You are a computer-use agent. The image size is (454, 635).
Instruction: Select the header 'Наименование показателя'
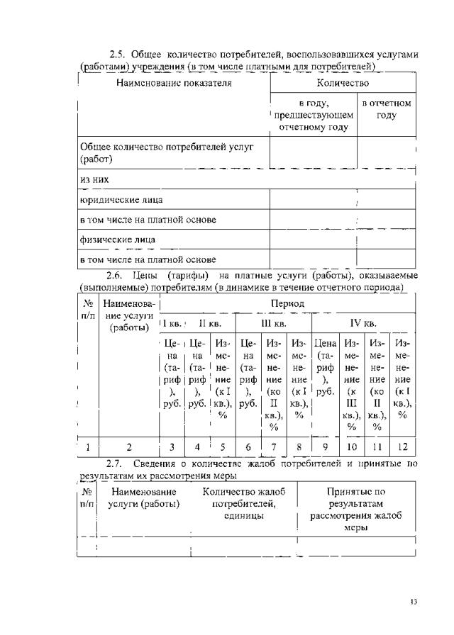pyautogui.click(x=174, y=83)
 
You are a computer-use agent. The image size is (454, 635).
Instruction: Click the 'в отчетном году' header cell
pyautogui.click(x=387, y=109)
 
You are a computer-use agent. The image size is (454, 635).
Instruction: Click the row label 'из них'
pyautogui.click(x=91, y=181)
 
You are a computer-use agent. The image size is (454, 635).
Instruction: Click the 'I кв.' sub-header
pyautogui.click(x=172, y=324)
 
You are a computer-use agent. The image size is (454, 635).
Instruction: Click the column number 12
pyautogui.click(x=402, y=447)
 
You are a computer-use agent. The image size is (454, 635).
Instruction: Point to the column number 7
pyautogui.click(x=274, y=447)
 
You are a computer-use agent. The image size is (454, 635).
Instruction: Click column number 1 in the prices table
pyautogui.click(x=86, y=447)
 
